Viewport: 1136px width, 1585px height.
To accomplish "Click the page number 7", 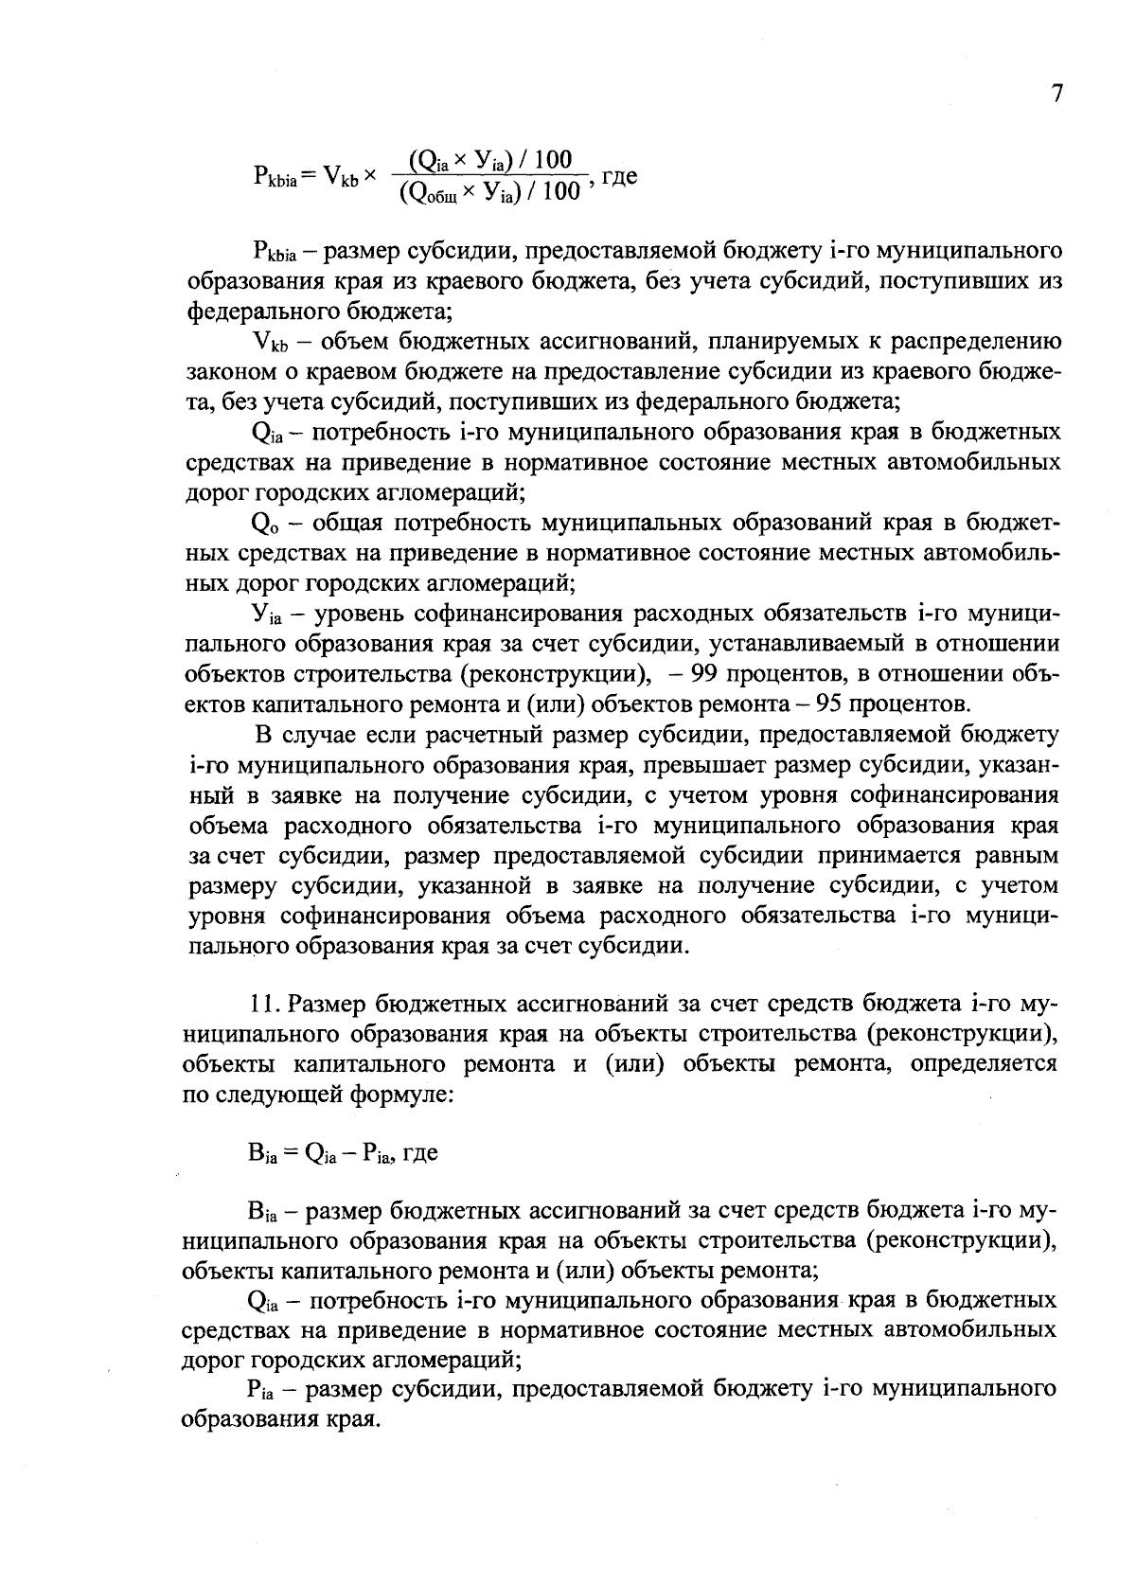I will pyautogui.click(x=1057, y=95).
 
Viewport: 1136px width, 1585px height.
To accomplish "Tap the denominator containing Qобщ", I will pyautogui.click(x=488, y=193).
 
